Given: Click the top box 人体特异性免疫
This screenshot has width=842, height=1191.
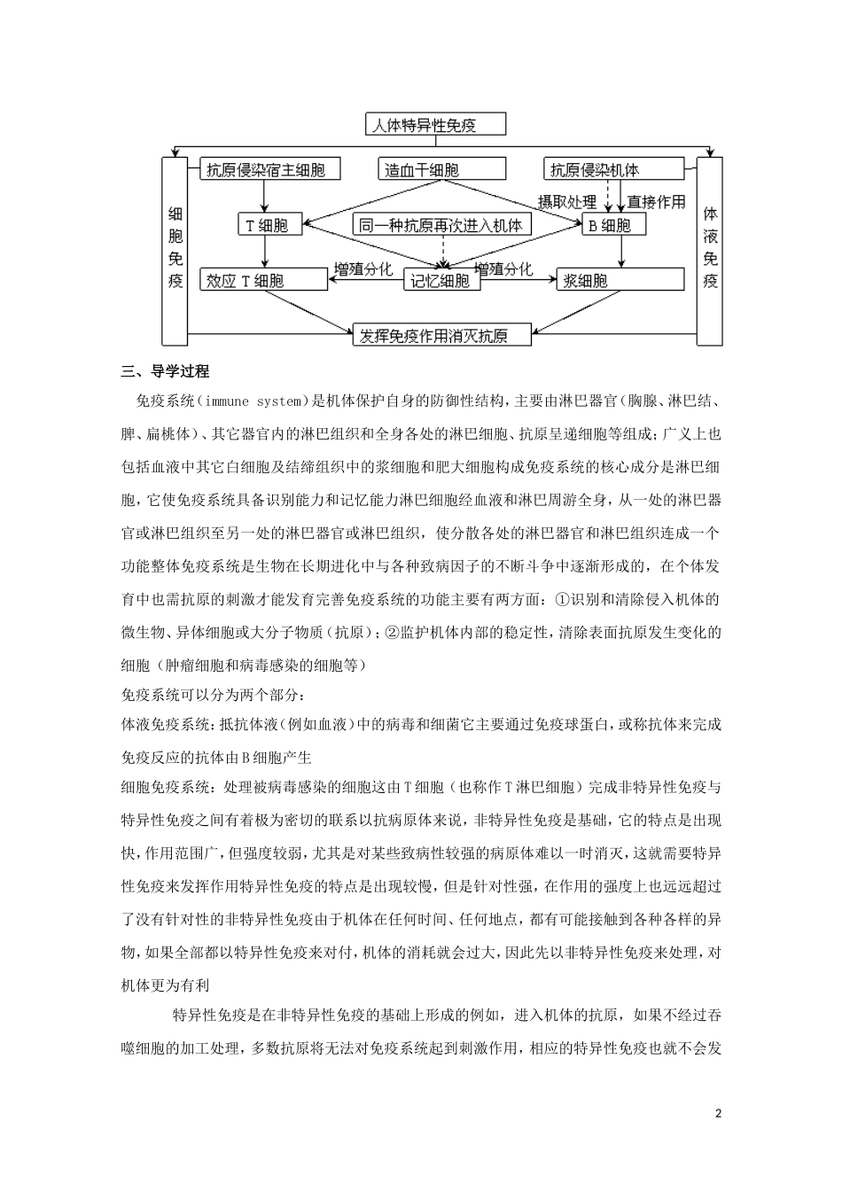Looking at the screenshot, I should [x=436, y=125].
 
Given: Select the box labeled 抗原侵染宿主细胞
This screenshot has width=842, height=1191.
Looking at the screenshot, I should [x=265, y=170].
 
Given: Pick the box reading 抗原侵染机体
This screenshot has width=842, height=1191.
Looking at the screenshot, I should [x=613, y=170].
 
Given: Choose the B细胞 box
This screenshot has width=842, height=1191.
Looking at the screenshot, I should [x=611, y=225].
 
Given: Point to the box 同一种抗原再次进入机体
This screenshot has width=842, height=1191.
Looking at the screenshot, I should [x=441, y=225].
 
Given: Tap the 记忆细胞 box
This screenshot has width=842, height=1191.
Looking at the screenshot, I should [x=442, y=280].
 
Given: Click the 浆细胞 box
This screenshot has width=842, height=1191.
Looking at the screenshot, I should [x=620, y=280].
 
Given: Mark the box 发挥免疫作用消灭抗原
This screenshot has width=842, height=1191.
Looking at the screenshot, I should [x=442, y=335].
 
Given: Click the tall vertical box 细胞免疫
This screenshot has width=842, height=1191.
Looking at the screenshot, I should [x=175, y=250].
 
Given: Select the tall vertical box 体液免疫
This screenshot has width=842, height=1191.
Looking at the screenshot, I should [x=710, y=250].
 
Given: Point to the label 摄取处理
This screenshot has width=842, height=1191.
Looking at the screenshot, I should [x=567, y=202].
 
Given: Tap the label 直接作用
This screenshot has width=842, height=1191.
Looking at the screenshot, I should [x=656, y=202].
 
